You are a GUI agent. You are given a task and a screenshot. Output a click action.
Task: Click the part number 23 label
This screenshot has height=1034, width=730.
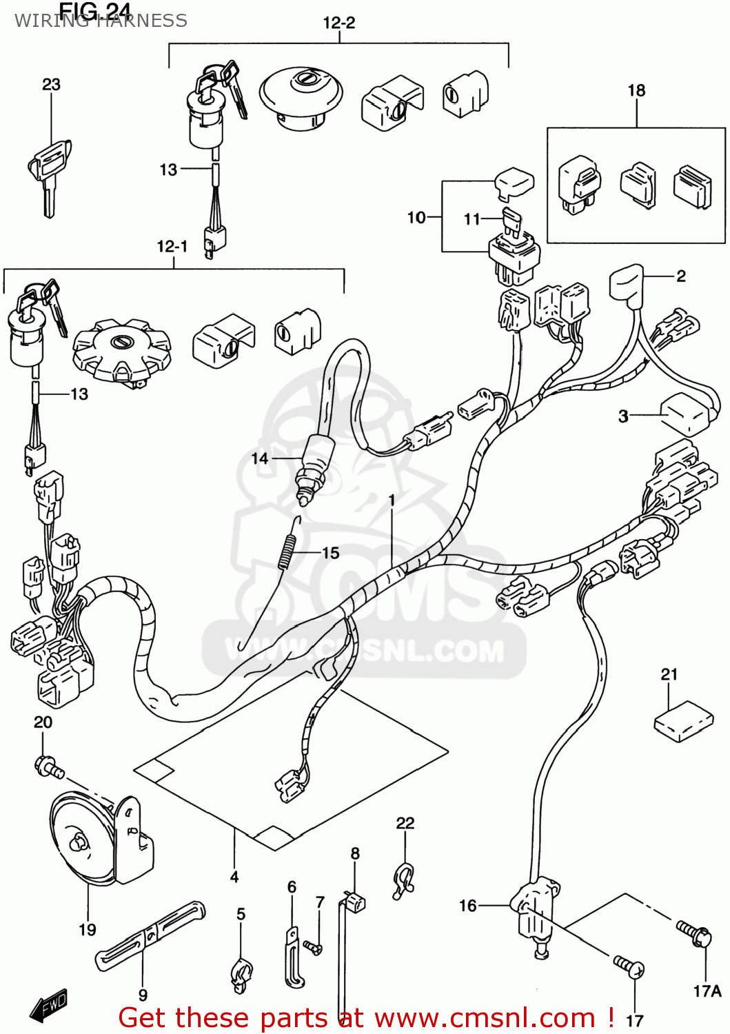51,85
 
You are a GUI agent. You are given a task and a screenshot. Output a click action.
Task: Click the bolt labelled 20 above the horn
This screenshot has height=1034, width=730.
48,766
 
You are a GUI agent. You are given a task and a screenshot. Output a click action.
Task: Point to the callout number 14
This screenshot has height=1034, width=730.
259,458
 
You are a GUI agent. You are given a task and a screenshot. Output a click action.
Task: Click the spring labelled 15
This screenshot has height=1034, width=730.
290,545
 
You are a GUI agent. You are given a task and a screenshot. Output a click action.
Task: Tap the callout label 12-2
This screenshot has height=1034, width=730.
339,23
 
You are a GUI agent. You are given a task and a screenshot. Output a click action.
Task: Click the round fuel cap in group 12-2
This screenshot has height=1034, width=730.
301,97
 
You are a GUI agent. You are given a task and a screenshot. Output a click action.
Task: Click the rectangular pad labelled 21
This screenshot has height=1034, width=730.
683,721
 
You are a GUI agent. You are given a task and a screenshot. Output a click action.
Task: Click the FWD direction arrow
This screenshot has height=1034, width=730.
48,1006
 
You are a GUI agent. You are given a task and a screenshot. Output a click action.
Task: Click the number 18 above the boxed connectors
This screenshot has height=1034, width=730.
636,91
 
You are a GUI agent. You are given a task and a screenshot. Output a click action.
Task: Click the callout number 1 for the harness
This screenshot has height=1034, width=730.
392,500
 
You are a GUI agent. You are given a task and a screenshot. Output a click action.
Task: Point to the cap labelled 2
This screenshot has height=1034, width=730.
626,283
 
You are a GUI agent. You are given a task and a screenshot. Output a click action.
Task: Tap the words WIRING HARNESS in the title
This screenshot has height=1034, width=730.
101,21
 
